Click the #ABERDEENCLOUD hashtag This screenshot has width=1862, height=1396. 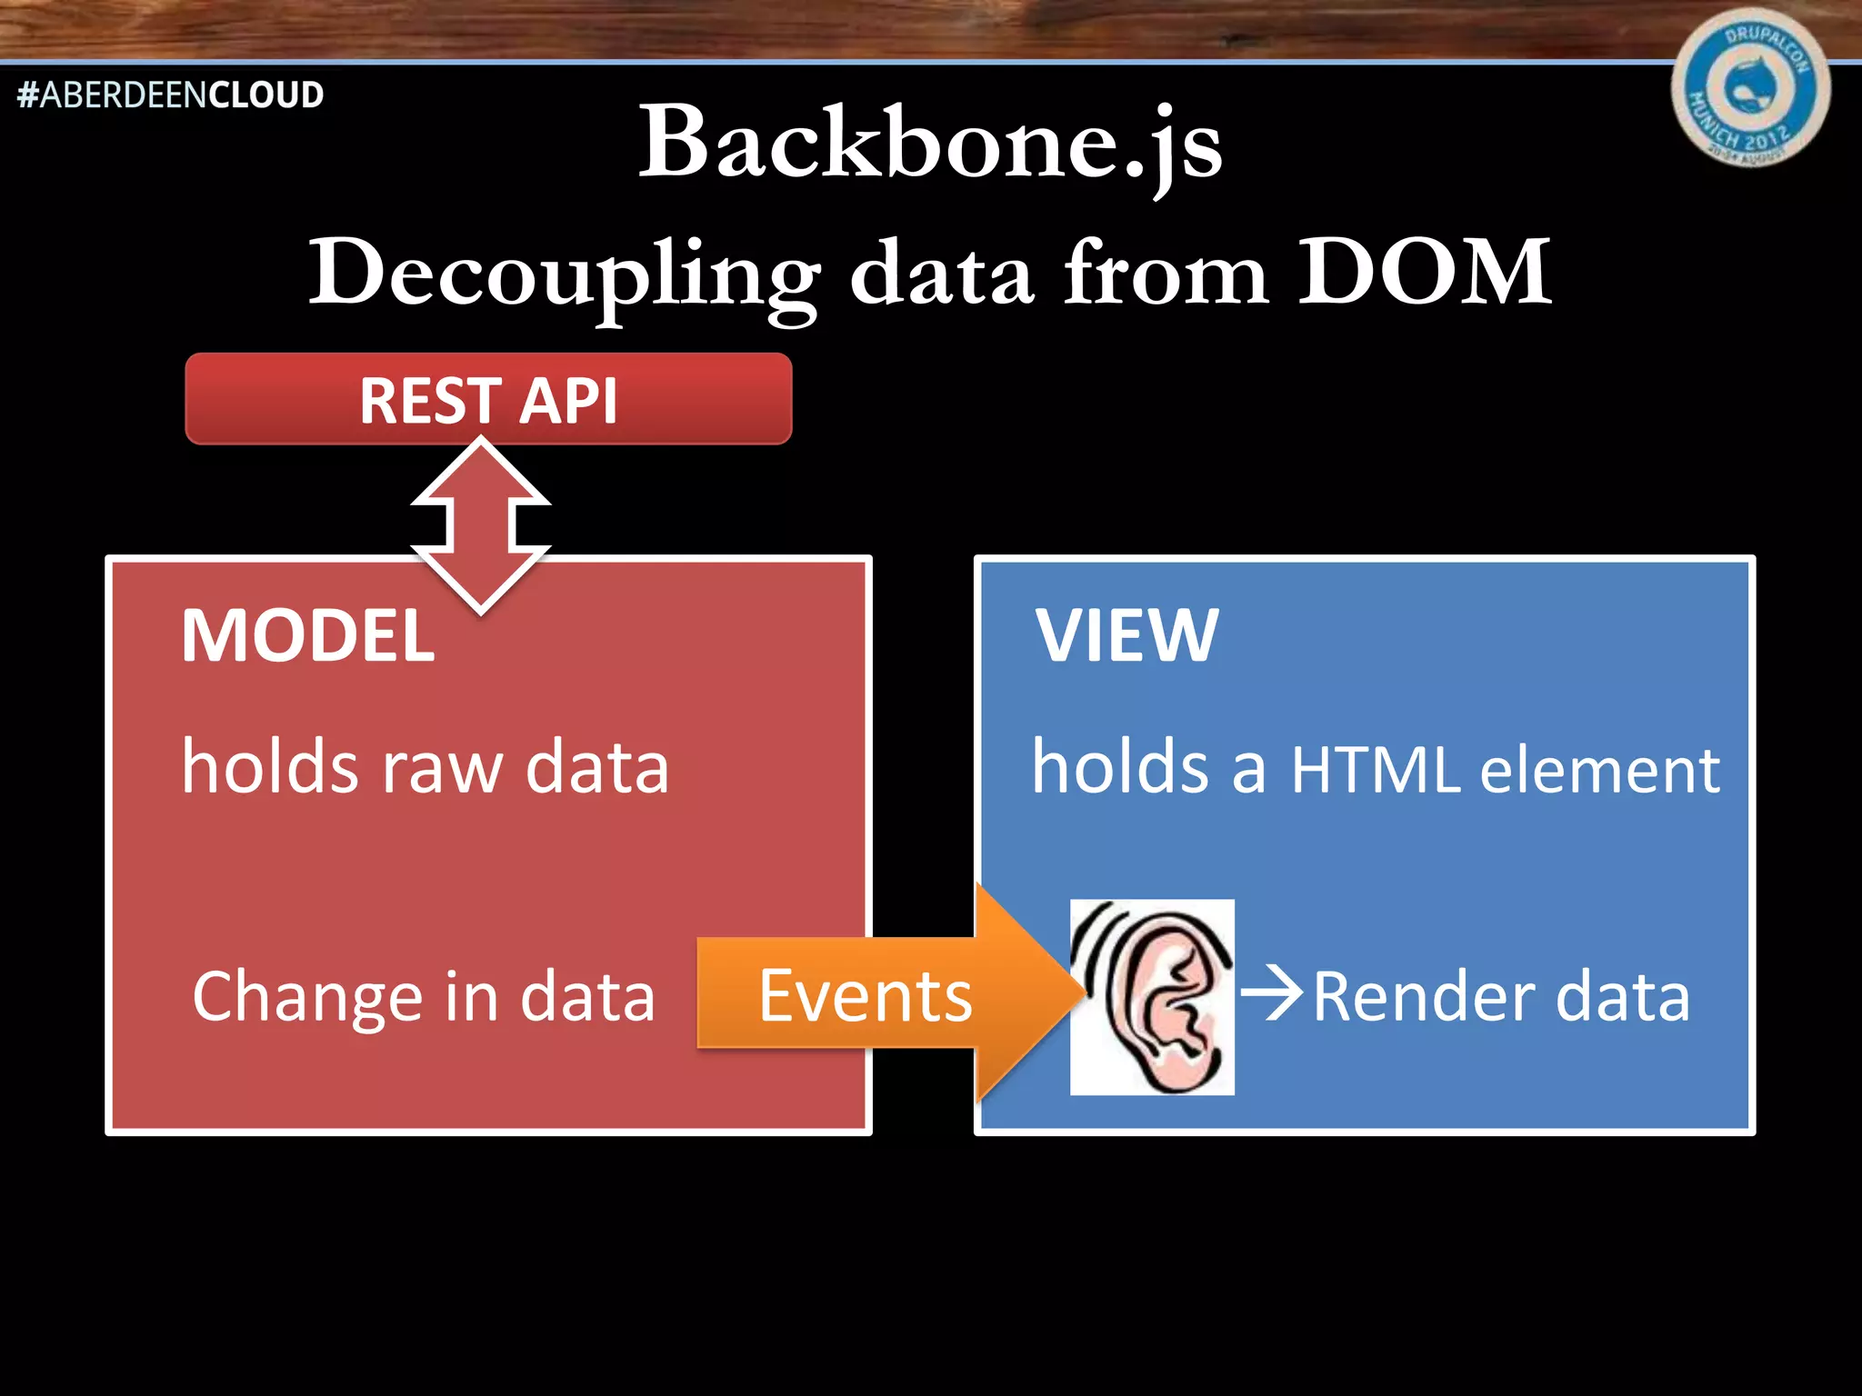pyautogui.click(x=170, y=95)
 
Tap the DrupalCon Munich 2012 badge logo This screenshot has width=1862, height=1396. pyautogui.click(x=1749, y=88)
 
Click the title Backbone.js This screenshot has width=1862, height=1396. pyautogui.click(x=930, y=144)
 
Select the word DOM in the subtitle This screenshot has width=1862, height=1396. pyautogui.click(x=1424, y=272)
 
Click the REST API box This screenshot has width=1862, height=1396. pyautogui.click(x=488, y=399)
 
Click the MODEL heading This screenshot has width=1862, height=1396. pyautogui.click(x=308, y=635)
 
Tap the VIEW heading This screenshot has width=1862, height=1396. pyautogui.click(x=1126, y=635)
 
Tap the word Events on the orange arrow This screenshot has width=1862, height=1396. pyautogui.click(x=865, y=996)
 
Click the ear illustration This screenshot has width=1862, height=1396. pyautogui.click(x=1152, y=997)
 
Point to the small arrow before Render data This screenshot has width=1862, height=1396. pyautogui.click(x=1271, y=993)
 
